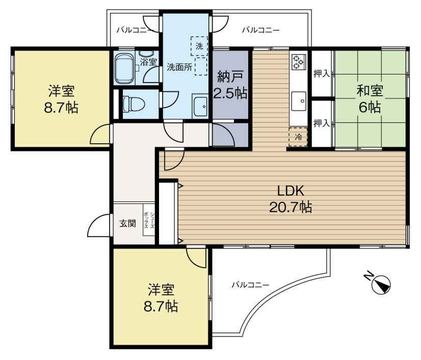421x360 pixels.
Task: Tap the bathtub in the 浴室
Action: (x=124, y=69)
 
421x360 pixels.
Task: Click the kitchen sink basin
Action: (x=299, y=101)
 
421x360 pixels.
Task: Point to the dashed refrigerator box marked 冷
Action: (x=298, y=137)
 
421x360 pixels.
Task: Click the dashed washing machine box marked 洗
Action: (x=199, y=46)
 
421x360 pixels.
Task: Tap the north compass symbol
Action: (x=378, y=282)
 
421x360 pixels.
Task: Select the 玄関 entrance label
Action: (x=127, y=223)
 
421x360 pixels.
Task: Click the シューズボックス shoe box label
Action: (x=149, y=220)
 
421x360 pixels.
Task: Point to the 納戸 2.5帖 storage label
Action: (x=230, y=85)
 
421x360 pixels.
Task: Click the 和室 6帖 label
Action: (x=370, y=98)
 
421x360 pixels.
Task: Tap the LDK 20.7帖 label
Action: (x=291, y=199)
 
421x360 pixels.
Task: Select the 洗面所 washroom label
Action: (x=179, y=67)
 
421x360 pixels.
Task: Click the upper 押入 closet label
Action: (x=322, y=73)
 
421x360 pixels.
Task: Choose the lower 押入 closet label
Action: (x=322, y=123)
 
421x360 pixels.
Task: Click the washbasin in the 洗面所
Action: (x=200, y=107)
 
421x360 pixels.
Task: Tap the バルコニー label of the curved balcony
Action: (x=250, y=285)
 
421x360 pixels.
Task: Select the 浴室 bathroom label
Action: (x=148, y=62)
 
